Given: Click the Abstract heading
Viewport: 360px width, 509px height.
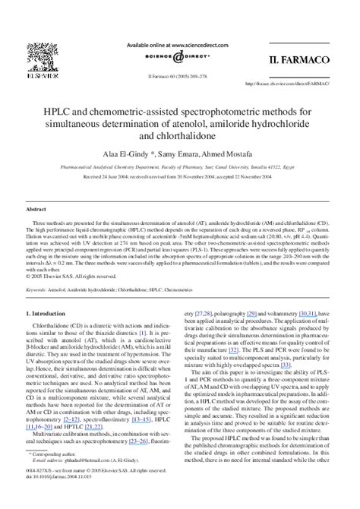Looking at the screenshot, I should pyautogui.click(x=36, y=208).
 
